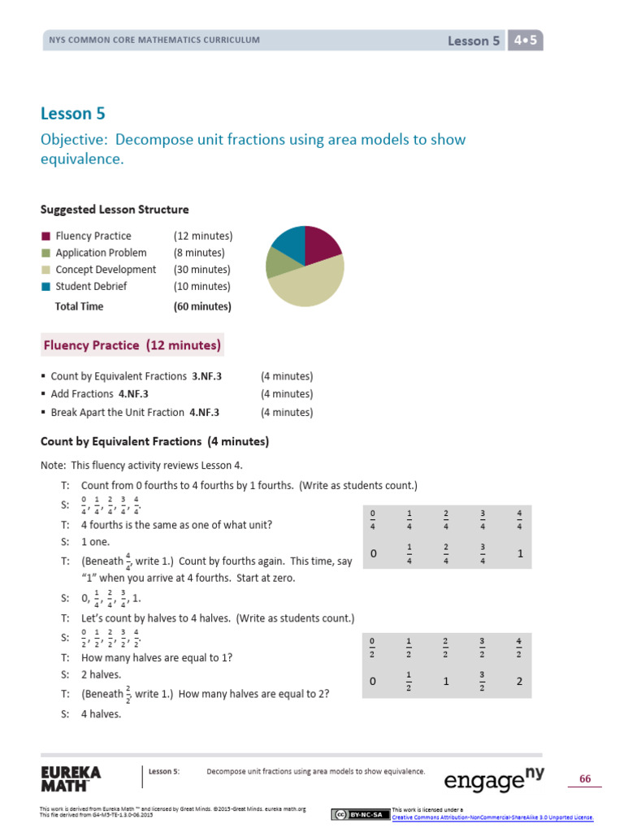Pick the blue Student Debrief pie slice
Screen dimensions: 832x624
(289, 240)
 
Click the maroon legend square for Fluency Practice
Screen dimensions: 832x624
(45, 236)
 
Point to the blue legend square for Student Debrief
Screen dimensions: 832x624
(45, 287)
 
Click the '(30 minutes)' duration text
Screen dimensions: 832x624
(201, 270)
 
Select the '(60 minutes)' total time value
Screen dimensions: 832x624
(202, 307)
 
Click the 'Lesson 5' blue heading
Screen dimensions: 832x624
(73, 114)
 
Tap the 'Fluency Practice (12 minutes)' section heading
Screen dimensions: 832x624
(132, 345)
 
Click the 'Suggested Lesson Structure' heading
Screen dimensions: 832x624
(115, 210)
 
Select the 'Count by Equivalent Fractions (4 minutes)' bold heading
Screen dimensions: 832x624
(154, 442)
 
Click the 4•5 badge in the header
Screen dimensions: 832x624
(524, 41)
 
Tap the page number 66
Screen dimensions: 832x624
(584, 779)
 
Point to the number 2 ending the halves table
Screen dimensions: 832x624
(519, 682)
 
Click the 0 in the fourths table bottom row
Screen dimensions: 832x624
(373, 553)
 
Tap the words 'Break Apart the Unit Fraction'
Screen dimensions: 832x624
(118, 413)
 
